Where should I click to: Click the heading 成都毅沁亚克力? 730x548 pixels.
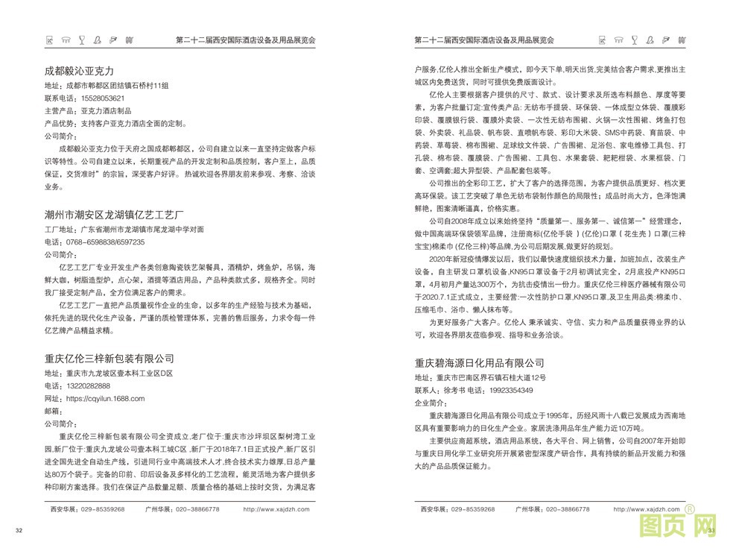pos(79,71)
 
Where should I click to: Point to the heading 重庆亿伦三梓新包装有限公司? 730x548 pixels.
pos(109,359)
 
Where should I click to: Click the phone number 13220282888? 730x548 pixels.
pos(88,385)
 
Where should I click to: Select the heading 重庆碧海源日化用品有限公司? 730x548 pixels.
pos(479,363)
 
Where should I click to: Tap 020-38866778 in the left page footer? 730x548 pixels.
pos(182,509)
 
